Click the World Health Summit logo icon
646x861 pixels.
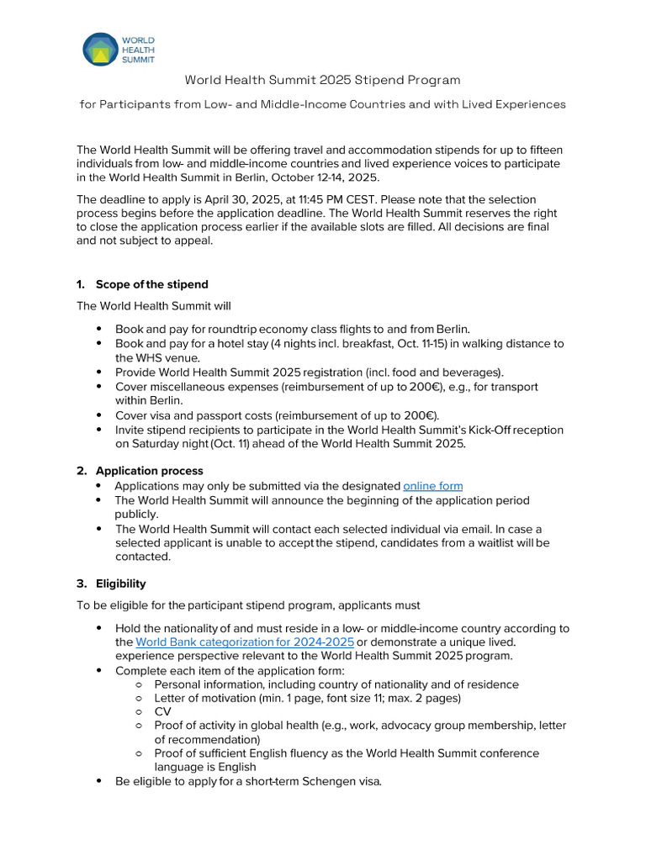pos(100,50)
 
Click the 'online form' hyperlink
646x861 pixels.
pos(432,486)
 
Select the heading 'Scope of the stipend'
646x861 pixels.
pos(151,284)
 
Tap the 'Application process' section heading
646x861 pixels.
pos(149,471)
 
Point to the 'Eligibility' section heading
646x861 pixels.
pos(120,584)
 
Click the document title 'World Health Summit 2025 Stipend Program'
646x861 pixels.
pos(323,81)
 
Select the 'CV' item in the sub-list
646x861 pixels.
pos(162,711)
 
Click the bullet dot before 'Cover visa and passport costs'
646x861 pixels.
pos(99,415)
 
